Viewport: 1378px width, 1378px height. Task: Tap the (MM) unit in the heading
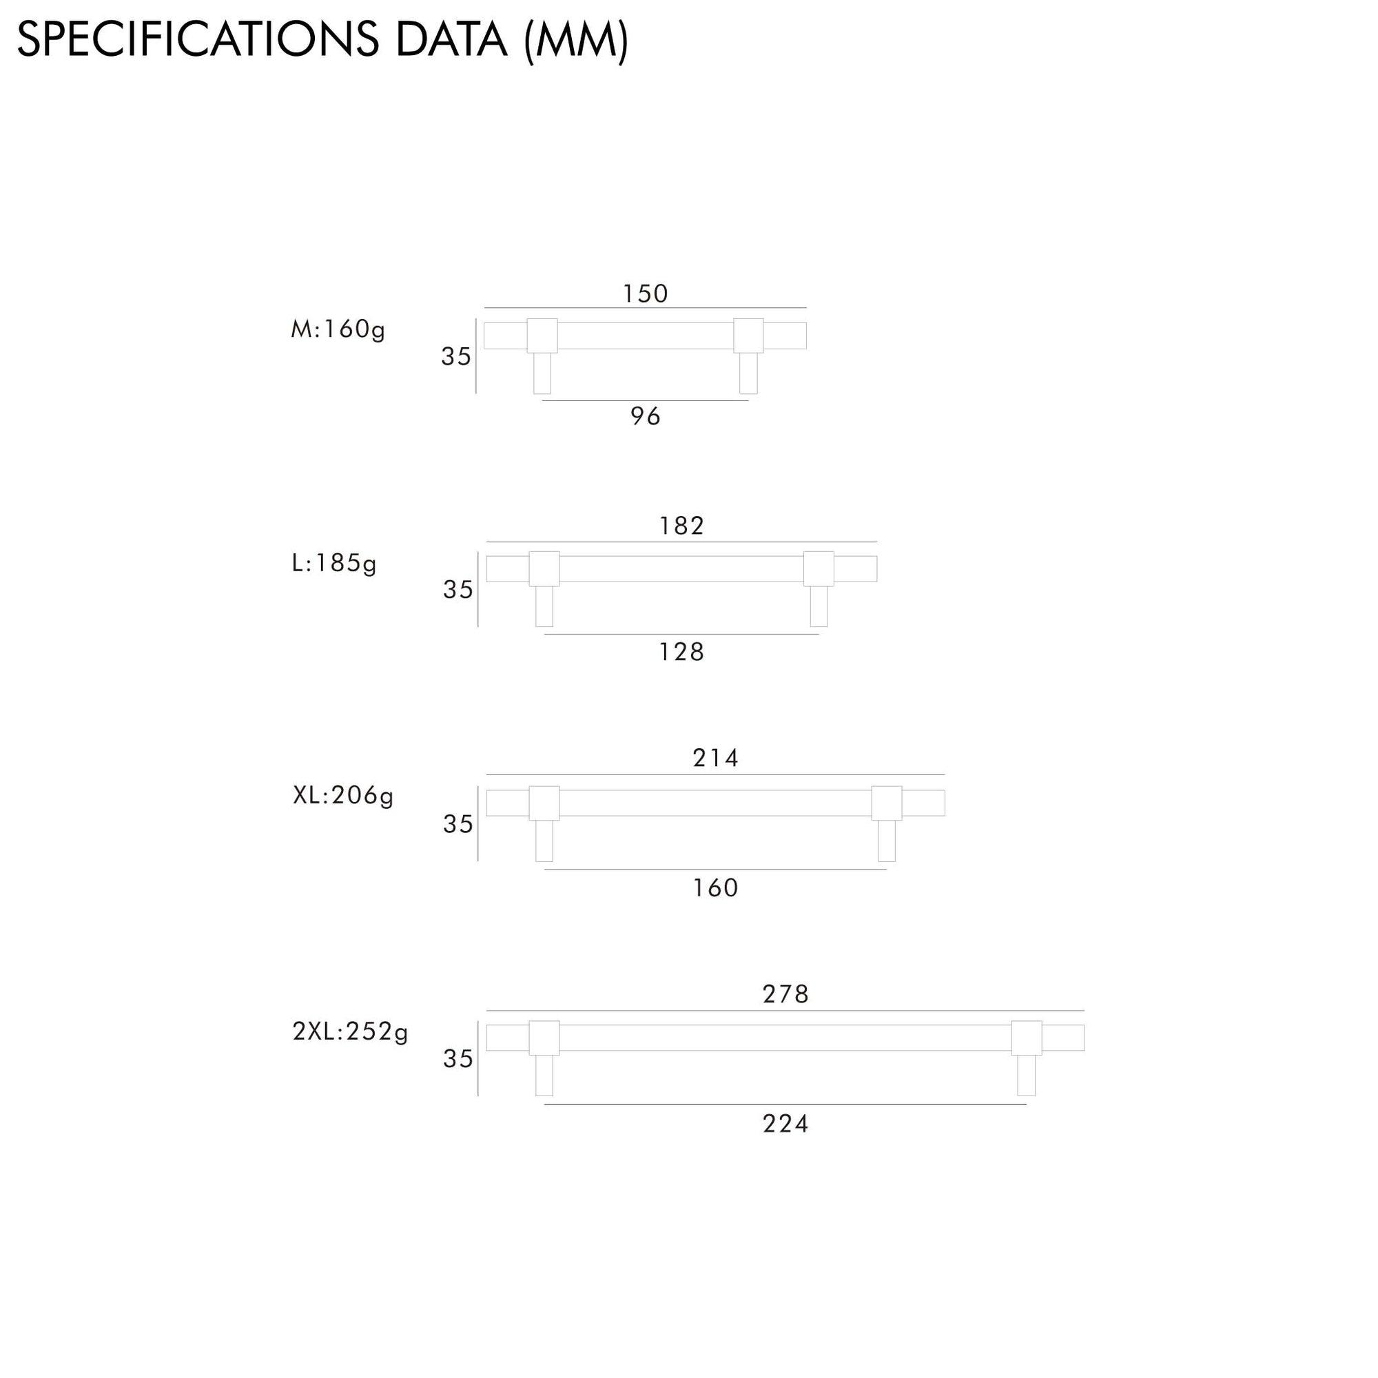tap(576, 41)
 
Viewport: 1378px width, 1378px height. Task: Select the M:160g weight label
tap(338, 329)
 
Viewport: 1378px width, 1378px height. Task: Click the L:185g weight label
tap(333, 564)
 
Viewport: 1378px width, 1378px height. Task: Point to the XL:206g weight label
tap(343, 795)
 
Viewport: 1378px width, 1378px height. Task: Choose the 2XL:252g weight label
tap(350, 1031)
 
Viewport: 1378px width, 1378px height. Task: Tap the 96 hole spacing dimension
tap(645, 417)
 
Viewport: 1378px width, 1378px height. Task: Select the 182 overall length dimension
tap(681, 526)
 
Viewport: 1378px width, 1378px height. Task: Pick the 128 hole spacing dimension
tap(681, 652)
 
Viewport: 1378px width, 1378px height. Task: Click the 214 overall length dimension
tap(715, 757)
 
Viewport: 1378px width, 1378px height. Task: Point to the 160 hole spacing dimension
tap(715, 888)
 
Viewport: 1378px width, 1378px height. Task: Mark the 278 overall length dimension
tap(785, 994)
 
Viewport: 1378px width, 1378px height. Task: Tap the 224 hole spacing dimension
tap(785, 1124)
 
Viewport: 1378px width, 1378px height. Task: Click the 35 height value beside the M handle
tap(455, 357)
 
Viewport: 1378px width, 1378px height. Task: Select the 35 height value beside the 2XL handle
tap(458, 1059)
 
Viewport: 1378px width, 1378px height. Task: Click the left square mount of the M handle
tap(542, 336)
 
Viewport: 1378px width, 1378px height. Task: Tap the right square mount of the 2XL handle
tap(1027, 1038)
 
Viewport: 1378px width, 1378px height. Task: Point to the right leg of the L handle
tap(819, 606)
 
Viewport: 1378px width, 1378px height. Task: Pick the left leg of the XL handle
tap(544, 841)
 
